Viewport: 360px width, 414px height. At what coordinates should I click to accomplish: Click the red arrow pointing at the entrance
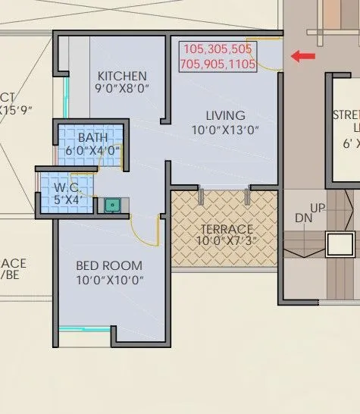tap(305, 55)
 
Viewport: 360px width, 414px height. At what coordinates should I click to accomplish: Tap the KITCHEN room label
tap(122, 76)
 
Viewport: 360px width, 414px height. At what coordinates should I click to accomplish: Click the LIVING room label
tap(225, 115)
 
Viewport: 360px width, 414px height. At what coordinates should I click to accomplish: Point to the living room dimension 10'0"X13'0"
tap(225, 130)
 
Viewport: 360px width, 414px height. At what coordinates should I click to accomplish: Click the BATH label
tap(93, 137)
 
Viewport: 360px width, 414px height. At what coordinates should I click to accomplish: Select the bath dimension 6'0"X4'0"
tap(93, 151)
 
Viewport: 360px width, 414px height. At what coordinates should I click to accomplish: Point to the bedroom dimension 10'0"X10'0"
tap(110, 280)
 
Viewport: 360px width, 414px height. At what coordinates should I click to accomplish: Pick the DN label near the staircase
tap(304, 218)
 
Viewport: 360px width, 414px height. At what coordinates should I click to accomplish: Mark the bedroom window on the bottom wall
tap(85, 328)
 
